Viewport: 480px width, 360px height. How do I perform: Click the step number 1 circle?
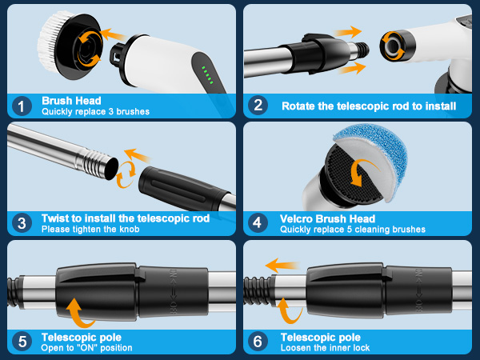[x=22, y=106]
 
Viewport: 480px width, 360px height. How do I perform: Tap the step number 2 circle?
[x=258, y=106]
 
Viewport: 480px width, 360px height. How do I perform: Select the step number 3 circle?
[x=22, y=223]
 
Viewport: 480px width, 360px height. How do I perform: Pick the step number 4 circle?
[x=258, y=223]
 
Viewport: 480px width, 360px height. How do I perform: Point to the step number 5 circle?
[x=22, y=342]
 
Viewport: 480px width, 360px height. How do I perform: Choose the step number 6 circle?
[x=258, y=342]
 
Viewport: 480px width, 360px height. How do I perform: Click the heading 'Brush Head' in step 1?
[x=71, y=101]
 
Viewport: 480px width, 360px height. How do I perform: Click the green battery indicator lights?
[x=207, y=74]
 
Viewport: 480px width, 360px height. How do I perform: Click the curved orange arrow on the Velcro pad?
[x=362, y=172]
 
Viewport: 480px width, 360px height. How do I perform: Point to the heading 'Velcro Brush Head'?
[x=327, y=219]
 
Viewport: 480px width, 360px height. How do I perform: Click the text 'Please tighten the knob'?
[x=90, y=230]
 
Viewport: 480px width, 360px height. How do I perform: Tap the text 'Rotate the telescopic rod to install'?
[x=369, y=106]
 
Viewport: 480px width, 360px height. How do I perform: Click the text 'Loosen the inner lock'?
[x=325, y=348]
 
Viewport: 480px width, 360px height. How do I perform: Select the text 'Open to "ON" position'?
[x=86, y=348]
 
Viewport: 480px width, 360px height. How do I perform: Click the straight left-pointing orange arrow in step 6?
[x=282, y=265]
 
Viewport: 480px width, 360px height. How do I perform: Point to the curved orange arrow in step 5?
[x=78, y=313]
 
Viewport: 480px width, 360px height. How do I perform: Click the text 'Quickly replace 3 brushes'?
[x=95, y=111]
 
